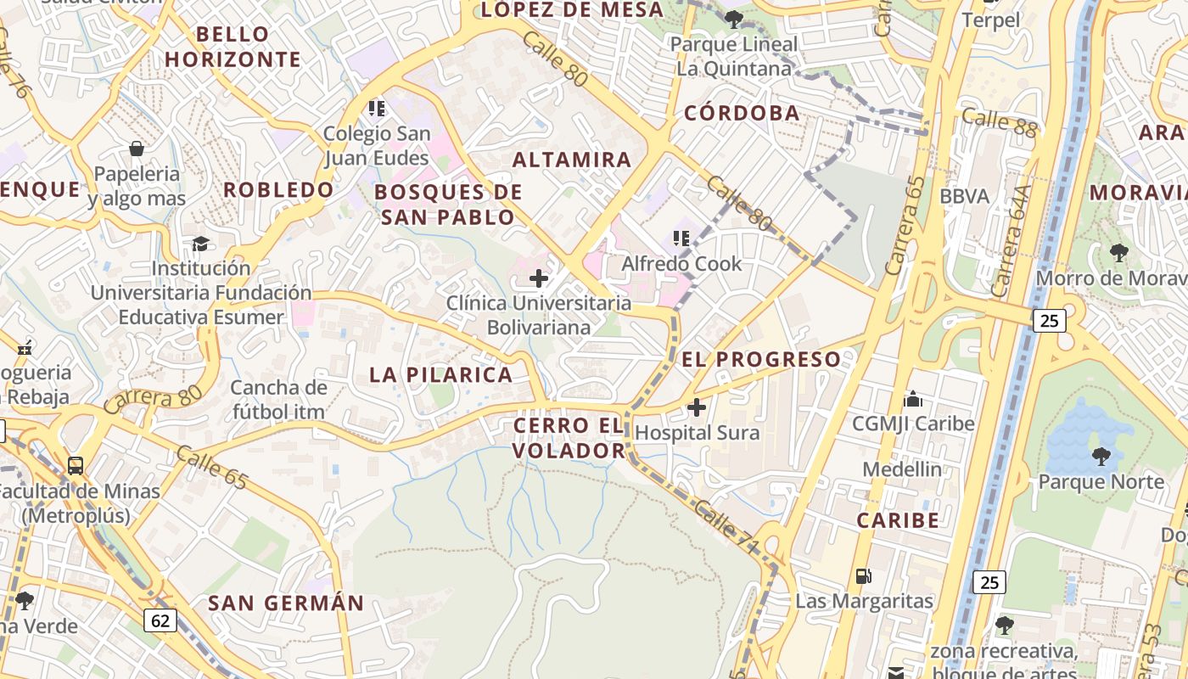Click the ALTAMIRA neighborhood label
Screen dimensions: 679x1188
[572, 160]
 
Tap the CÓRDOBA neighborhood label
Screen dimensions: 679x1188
[742, 113]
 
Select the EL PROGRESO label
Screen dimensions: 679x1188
[760, 359]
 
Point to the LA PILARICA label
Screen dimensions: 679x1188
[441, 374]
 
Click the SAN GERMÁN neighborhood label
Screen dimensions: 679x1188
[286, 603]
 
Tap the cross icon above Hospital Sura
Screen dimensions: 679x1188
[697, 407]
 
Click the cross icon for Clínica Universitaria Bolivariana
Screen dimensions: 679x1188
[539, 278]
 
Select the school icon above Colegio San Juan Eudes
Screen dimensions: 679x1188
[377, 109]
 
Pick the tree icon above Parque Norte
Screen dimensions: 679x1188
[1101, 457]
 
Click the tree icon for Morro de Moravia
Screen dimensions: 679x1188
[1118, 252]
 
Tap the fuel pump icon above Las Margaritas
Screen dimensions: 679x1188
[863, 576]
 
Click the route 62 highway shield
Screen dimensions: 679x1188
[160, 621]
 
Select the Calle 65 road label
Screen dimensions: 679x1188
[211, 469]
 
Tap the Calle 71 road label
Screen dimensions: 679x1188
[725, 528]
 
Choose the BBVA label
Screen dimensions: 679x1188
[964, 197]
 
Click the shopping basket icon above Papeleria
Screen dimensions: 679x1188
[136, 149]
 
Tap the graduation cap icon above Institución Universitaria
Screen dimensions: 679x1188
[200, 244]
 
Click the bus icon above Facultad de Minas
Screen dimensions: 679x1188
[76, 465]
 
